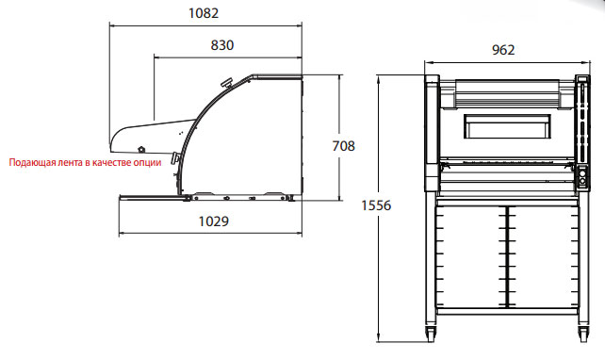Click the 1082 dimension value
coord(204,13)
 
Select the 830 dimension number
coord(222,45)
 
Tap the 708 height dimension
coord(343,146)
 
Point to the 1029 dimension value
coord(213,221)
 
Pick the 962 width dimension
coord(503,50)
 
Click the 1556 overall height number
coord(376,205)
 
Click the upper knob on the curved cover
coord(226,83)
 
